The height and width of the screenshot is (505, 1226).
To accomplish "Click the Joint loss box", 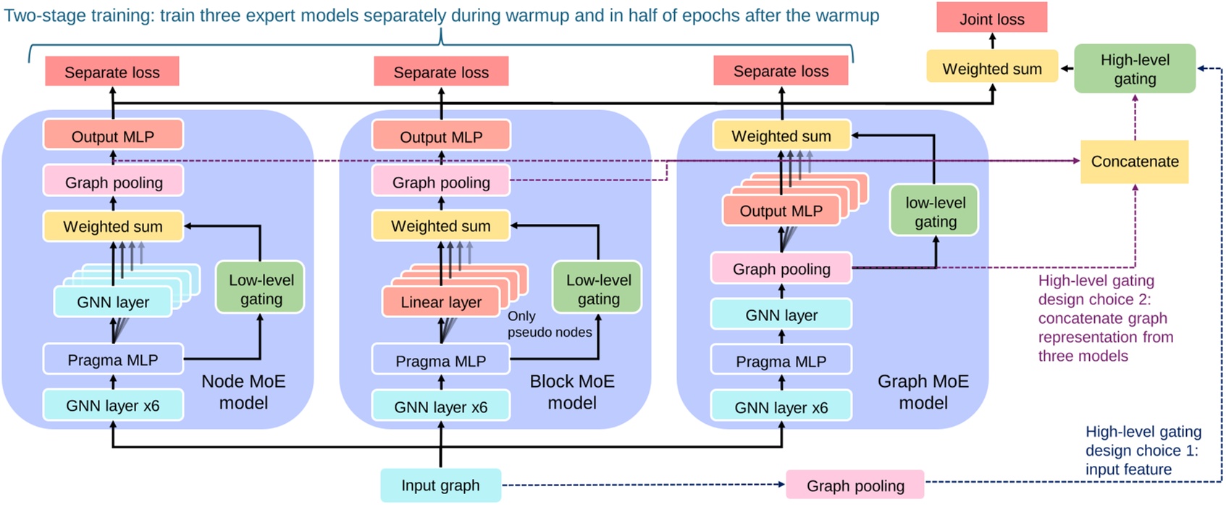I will tap(991, 19).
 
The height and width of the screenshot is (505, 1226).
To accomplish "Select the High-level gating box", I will tap(1134, 69).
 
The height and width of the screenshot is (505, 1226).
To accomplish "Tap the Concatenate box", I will tap(1134, 162).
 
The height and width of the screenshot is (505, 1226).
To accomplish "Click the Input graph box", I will tap(440, 485).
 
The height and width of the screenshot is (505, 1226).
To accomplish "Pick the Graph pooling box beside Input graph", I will tap(855, 485).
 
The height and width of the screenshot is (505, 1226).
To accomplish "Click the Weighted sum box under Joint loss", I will tap(991, 69).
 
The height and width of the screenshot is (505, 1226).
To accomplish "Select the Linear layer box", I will tap(441, 302).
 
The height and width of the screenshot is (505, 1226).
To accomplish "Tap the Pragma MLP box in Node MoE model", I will tap(113, 359).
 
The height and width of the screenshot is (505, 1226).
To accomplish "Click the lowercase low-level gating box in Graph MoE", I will tap(935, 212).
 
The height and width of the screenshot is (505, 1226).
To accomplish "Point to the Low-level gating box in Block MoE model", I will tap(598, 288).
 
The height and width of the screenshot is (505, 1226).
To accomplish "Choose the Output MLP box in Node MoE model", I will tap(113, 136).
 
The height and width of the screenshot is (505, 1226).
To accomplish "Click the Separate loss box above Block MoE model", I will tap(441, 72).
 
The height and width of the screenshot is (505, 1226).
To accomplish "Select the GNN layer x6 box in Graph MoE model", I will tap(781, 407).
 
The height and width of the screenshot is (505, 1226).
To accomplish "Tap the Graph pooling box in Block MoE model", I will tap(441, 182).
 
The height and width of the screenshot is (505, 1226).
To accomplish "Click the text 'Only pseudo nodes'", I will tap(549, 324).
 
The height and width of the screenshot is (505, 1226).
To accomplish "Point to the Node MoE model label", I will tap(243, 391).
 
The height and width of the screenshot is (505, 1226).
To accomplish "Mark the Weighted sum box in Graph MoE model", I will tap(781, 135).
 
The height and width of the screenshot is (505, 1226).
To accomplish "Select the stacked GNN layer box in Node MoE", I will tap(113, 302).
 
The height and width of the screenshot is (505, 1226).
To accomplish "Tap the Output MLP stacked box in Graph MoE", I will tap(781, 211).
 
